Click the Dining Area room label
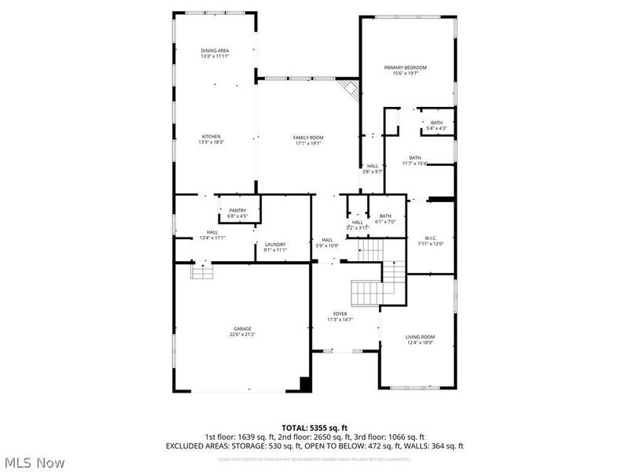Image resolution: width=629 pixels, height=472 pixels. point(215,50)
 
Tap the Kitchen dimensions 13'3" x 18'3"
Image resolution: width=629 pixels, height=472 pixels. point(210,142)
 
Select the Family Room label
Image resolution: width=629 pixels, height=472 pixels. point(308,138)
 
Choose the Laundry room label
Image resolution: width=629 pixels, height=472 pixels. point(274,244)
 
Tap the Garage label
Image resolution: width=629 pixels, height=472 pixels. point(241,329)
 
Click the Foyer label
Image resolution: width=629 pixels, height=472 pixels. point(340,314)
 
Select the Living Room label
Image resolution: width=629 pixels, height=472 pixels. point(419,337)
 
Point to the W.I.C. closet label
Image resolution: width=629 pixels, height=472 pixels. point(431,238)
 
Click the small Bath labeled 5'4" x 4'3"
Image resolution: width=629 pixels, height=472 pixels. point(436,123)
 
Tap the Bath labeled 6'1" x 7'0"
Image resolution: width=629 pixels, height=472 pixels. point(385,216)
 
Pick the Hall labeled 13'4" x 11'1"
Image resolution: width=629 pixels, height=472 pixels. point(212,232)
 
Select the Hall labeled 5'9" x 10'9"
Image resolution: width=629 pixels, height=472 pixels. point(327,240)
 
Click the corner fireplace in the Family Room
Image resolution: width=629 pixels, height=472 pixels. point(351,89)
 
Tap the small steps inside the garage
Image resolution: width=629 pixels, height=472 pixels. point(202,272)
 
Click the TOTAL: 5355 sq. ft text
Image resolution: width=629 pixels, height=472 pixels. point(314,428)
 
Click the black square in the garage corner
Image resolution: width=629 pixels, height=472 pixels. point(305,384)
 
